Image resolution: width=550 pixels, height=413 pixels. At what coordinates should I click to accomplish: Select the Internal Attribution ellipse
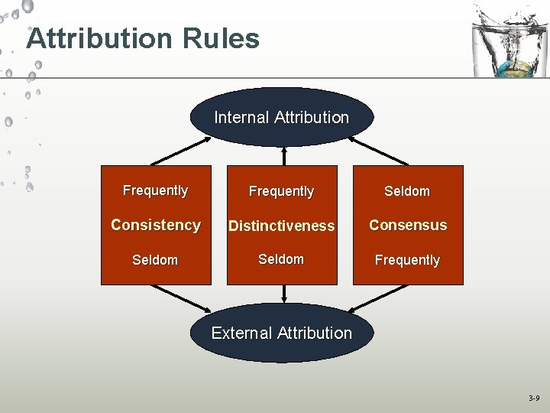[281, 118]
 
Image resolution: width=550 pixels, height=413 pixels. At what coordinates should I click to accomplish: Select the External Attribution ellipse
[281, 333]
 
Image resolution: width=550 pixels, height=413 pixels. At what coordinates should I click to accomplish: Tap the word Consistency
[156, 225]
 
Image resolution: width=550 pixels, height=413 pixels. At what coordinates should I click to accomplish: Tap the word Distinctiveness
[281, 226]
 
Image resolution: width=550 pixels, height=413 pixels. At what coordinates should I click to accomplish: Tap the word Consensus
[408, 225]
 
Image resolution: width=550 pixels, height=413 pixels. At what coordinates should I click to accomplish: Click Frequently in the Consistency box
[156, 190]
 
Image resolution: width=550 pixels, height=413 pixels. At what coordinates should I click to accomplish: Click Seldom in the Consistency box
[155, 260]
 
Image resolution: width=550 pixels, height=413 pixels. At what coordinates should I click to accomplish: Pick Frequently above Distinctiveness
[281, 191]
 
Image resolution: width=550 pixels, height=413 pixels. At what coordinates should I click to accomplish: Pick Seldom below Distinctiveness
[281, 259]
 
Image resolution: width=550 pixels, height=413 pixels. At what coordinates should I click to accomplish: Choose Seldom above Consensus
[407, 191]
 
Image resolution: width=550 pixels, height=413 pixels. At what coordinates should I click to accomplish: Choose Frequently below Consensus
[407, 260]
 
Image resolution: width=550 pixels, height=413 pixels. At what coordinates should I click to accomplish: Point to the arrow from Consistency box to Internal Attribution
[182, 151]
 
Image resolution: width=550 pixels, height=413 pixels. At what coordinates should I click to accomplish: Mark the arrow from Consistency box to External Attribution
[182, 298]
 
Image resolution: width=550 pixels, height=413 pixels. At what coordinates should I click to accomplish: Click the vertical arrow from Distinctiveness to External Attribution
[283, 294]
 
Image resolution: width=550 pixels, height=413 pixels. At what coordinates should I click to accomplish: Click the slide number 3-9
[534, 398]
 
